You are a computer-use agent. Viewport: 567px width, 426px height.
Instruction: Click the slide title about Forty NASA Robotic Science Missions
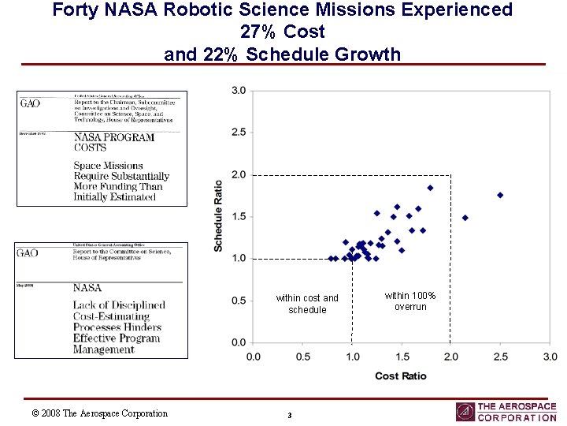282,32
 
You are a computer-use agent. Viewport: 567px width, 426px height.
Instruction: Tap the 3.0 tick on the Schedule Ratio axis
238,91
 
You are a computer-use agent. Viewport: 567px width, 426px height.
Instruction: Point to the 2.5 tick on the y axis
238,133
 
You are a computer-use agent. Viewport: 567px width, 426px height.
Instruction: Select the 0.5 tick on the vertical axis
238,301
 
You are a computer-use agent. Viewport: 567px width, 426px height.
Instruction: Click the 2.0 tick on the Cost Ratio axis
450,357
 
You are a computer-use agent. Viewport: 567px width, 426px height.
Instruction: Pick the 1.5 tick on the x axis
402,357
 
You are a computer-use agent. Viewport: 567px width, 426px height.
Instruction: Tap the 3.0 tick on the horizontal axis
550,357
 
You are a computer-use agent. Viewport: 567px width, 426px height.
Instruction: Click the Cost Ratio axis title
401,376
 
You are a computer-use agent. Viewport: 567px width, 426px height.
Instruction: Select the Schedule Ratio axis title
218,216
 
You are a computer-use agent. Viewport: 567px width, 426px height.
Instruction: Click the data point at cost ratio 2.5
500,195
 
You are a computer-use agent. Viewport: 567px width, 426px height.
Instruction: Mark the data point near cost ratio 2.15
465,218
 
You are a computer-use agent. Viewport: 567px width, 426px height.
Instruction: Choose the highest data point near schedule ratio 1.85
430,188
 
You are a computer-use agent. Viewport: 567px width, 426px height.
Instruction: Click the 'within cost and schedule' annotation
307,304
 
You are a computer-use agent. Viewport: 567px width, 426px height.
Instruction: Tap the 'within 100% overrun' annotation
410,301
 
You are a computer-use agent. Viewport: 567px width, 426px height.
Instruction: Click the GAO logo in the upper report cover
30,103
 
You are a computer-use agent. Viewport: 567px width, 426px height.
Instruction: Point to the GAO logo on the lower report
28,253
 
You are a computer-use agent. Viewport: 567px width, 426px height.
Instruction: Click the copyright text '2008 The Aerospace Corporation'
99,413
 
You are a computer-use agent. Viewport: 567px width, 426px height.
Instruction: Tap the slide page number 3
290,416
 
